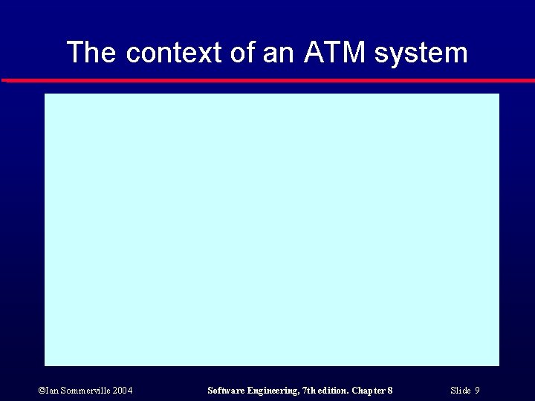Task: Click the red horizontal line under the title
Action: click(267, 79)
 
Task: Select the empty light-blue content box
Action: click(271, 229)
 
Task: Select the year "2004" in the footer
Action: click(123, 391)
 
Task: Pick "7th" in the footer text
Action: click(310, 391)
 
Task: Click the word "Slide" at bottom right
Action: click(461, 391)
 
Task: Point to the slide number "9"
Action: click(477, 391)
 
